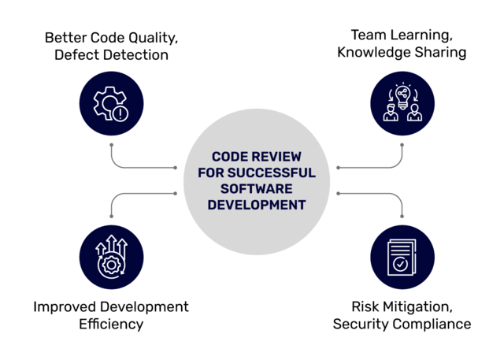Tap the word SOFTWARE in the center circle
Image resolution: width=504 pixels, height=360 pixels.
pos(252,189)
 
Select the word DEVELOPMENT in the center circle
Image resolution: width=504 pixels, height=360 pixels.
pos(252,205)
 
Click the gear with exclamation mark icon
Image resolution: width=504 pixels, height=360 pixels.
pos(112,104)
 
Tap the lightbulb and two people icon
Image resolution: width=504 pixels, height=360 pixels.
pos(402,104)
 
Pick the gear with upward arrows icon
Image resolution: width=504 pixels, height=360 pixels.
pos(112,257)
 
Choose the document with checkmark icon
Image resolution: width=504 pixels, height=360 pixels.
pos(402,257)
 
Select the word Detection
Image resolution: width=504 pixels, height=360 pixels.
pos(139,55)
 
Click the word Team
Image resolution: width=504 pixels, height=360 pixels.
pos(367,36)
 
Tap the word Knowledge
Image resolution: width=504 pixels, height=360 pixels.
pos(374,54)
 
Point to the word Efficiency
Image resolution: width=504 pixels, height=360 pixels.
pos(111,324)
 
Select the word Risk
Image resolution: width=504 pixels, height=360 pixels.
pos(365,306)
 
